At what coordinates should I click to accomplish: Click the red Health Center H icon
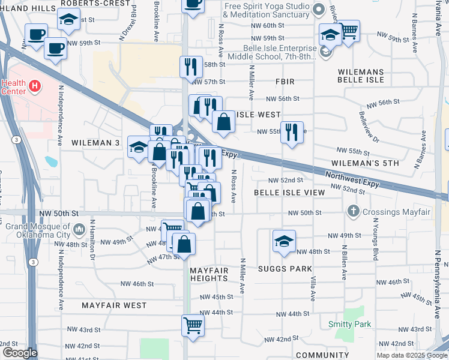click(35, 86)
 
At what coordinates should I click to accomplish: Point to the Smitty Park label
click(349, 324)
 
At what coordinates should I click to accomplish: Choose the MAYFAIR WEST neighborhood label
click(114, 305)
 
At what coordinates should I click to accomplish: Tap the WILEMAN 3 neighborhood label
click(96, 143)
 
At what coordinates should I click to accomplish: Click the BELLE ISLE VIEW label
click(289, 193)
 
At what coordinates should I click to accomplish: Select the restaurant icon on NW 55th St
click(292, 132)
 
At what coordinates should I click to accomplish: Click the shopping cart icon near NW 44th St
click(193, 325)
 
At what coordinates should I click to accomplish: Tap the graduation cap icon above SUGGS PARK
click(284, 240)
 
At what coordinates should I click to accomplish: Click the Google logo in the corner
click(19, 353)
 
